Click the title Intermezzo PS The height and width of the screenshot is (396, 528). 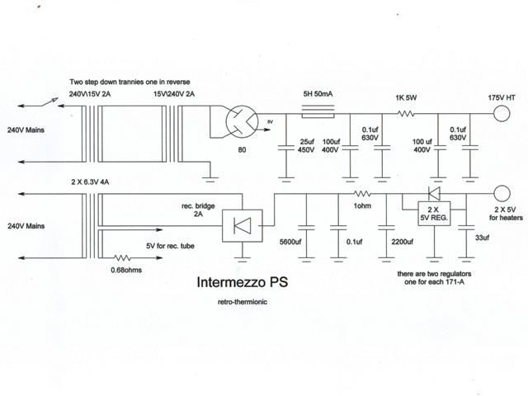click(242, 282)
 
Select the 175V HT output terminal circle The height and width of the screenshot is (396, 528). click(502, 113)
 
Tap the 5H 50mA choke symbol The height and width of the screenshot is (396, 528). click(318, 111)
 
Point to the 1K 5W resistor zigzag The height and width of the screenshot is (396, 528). click(406, 114)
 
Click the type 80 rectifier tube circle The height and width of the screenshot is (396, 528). click(242, 121)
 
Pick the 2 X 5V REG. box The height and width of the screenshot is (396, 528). click(434, 214)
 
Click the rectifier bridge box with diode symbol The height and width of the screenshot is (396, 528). click(243, 225)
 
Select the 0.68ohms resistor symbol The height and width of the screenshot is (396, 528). click(122, 258)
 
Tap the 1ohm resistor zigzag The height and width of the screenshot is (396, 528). click(362, 194)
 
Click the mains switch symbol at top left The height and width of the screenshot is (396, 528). click(49, 102)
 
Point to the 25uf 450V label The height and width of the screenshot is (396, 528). click(306, 146)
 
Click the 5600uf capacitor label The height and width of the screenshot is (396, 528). click(290, 242)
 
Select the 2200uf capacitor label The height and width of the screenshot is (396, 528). click(402, 242)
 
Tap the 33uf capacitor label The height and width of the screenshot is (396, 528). click(482, 238)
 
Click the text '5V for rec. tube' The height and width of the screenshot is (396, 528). click(170, 246)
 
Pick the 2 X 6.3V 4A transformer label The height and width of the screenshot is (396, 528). click(90, 182)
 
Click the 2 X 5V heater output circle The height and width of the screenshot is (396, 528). click(502, 194)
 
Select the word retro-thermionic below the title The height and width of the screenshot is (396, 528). click(243, 302)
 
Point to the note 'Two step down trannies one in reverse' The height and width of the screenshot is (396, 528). click(130, 82)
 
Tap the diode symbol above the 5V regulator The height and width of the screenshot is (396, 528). click(434, 193)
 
